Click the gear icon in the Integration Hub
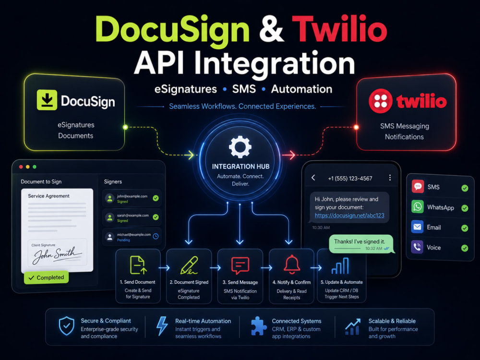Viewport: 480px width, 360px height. (x=240, y=147)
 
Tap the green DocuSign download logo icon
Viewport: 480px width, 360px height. (x=47, y=100)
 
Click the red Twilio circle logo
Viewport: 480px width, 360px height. (x=381, y=101)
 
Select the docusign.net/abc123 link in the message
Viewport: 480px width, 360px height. (x=349, y=216)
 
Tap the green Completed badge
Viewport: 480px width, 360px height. (x=46, y=277)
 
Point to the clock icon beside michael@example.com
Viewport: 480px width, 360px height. (x=156, y=236)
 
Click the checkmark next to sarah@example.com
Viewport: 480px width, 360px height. (x=156, y=217)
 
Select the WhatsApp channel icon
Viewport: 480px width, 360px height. (x=418, y=206)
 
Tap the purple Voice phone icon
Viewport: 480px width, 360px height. (x=417, y=247)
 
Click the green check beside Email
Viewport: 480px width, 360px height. (x=465, y=228)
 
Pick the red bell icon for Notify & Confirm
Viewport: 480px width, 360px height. (x=292, y=264)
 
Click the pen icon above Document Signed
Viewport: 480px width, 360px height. (x=189, y=265)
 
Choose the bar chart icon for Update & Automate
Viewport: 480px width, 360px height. (x=340, y=266)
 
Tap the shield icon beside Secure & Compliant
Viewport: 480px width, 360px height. (x=66, y=326)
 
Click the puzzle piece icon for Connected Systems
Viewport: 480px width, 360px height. (x=259, y=326)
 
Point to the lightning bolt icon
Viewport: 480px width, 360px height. (x=162, y=326)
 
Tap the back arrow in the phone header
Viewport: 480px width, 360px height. (x=313, y=178)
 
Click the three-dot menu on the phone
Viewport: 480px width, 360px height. (x=390, y=178)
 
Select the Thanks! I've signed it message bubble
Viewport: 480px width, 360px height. (x=361, y=244)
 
